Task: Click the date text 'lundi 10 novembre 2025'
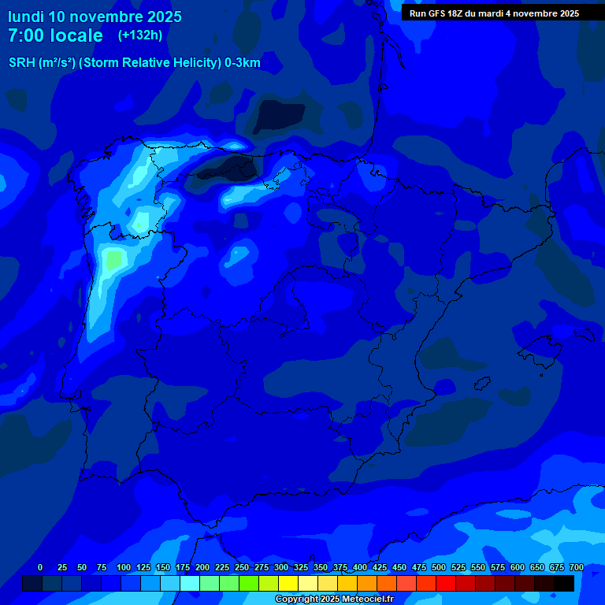(95, 17)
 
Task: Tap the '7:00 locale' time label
(55, 35)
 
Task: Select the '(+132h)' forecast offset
(139, 35)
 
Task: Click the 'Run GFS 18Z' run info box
(494, 13)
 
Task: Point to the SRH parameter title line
(134, 63)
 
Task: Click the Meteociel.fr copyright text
(333, 599)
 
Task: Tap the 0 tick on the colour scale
(40, 567)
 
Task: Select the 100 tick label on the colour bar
(123, 567)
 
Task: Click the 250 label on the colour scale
(241, 567)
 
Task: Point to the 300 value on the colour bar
(280, 567)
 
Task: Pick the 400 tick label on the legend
(359, 567)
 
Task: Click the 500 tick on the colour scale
(438, 567)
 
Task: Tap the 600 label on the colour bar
(517, 567)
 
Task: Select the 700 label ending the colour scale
(576, 567)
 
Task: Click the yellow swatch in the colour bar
(288, 583)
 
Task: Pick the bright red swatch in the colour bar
(446, 583)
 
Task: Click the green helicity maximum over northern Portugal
(115, 259)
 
